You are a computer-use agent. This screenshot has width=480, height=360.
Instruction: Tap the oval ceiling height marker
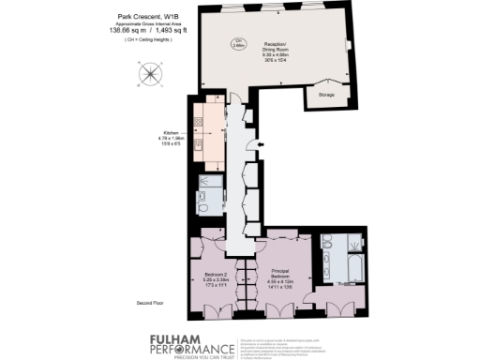pos(238,41)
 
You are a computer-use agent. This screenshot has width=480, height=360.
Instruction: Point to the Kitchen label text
pos(172,133)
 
